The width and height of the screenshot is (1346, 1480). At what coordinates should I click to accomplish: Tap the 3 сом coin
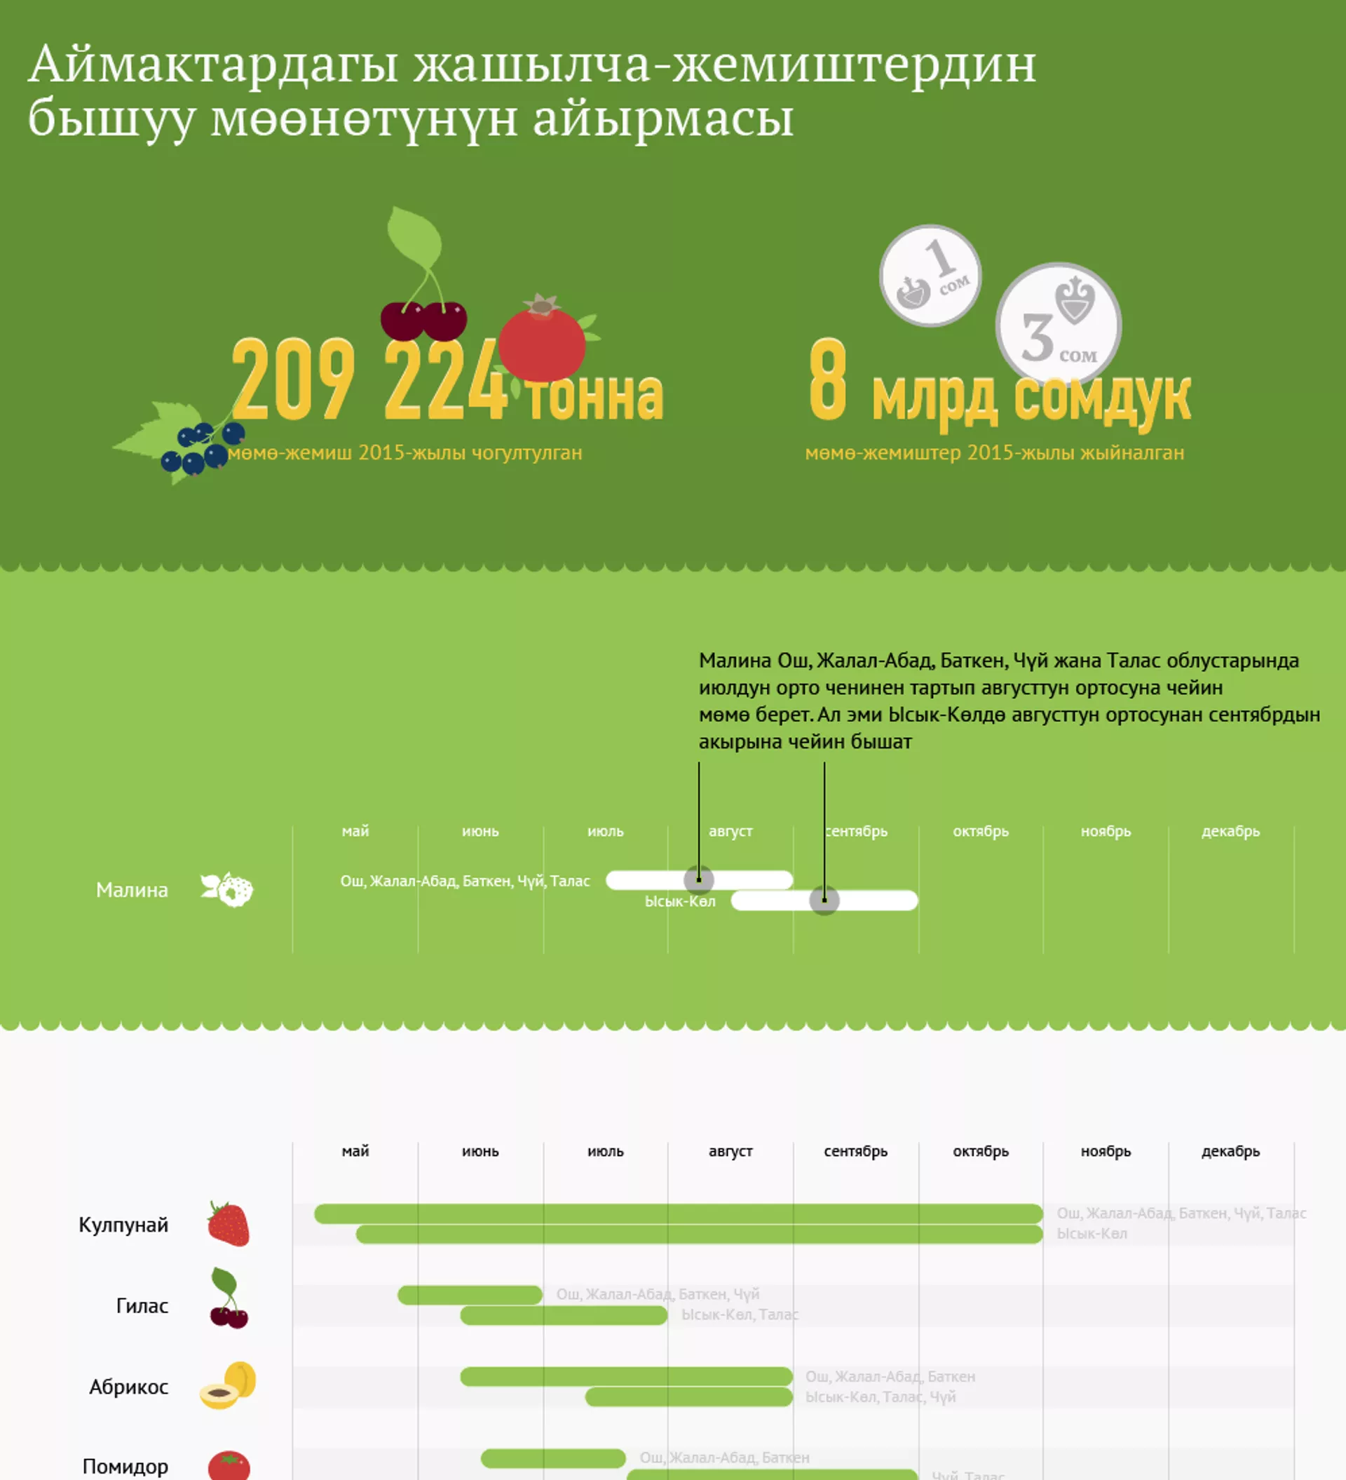tap(1058, 325)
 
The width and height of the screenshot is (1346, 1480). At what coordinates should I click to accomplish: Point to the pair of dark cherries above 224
tap(423, 320)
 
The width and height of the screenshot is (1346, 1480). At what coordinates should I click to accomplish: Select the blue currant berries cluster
tap(200, 448)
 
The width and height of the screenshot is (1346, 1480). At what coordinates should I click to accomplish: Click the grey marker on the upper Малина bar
tap(699, 879)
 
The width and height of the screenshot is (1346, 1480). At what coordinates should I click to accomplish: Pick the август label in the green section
tap(730, 831)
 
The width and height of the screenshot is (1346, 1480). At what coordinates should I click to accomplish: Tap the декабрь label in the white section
tap(1230, 1151)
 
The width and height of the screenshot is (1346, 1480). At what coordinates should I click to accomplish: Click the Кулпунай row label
tap(123, 1225)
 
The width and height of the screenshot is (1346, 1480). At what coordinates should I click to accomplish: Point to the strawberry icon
tap(229, 1224)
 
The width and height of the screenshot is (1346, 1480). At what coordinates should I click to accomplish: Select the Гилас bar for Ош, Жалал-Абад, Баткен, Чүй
tap(470, 1295)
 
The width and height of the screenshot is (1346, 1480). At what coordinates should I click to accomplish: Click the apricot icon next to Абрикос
tap(229, 1385)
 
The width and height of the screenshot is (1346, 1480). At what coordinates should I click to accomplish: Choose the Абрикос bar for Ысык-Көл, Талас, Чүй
tap(688, 1397)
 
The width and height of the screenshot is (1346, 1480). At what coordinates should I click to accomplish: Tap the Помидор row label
tap(125, 1466)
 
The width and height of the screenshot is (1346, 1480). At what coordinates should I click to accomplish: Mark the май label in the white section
tap(355, 1151)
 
